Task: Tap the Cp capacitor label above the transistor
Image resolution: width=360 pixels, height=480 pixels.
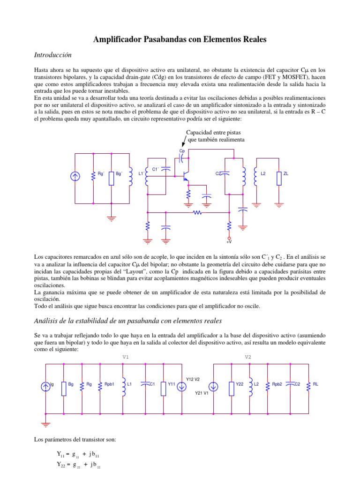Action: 182,151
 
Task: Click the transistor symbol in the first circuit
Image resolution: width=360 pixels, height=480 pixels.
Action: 186,177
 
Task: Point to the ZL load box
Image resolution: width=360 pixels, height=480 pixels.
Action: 278,178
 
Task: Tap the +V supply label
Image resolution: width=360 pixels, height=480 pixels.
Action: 229,242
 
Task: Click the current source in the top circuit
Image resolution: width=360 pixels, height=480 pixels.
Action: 75,177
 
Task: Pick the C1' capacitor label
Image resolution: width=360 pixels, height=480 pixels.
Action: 156,169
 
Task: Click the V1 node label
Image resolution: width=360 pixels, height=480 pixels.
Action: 126,357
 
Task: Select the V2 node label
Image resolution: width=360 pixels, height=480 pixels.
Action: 248,357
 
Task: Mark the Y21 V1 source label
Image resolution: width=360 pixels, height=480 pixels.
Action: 202,393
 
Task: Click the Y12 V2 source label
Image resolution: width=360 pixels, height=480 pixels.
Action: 193,379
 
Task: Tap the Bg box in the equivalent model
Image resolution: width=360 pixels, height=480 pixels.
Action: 64,388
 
